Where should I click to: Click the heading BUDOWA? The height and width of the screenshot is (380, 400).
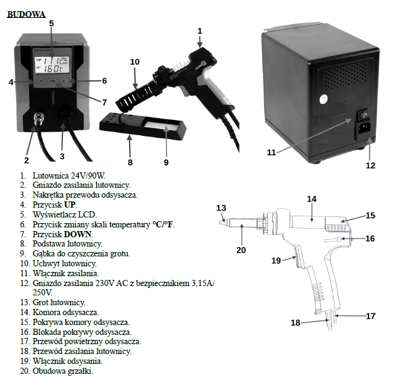(26, 14)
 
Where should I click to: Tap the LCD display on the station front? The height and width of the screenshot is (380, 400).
(52, 63)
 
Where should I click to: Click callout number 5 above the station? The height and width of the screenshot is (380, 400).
(51, 23)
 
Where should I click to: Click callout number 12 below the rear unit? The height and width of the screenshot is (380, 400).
(370, 165)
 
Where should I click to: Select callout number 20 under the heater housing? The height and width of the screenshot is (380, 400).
(241, 250)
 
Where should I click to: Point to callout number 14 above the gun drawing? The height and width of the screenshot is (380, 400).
(312, 199)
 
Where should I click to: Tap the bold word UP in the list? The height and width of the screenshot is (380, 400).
(70, 203)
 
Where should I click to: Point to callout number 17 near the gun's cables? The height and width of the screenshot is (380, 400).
(370, 316)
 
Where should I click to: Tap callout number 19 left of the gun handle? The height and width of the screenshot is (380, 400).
(277, 260)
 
